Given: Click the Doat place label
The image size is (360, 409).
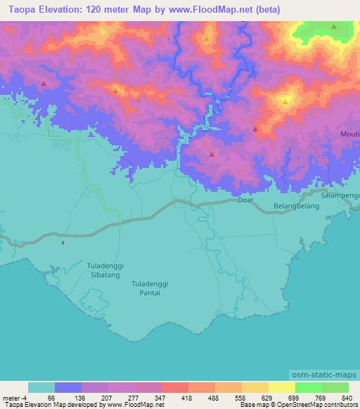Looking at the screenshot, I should pos(245,200).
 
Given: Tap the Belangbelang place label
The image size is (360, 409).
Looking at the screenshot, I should pos(292,207).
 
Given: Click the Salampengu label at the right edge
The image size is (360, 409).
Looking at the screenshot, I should pos(340,195).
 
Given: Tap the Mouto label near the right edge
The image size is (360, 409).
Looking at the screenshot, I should pos(349,134).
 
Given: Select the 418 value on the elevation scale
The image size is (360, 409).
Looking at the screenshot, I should pos(186,397).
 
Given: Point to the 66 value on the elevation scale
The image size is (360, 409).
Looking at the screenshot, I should pos(51,397).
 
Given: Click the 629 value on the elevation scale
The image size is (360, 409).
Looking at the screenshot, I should pos(266,397).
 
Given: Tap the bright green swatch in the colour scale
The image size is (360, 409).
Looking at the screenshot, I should pos(308,387).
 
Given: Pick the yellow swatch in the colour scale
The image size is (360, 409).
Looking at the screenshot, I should pos(281,387).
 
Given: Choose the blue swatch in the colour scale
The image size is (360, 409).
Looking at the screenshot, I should pos(68,387).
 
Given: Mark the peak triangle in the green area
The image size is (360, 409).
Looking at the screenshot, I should pos(334,27).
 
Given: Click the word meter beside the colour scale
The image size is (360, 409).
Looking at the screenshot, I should pos(13,397).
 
